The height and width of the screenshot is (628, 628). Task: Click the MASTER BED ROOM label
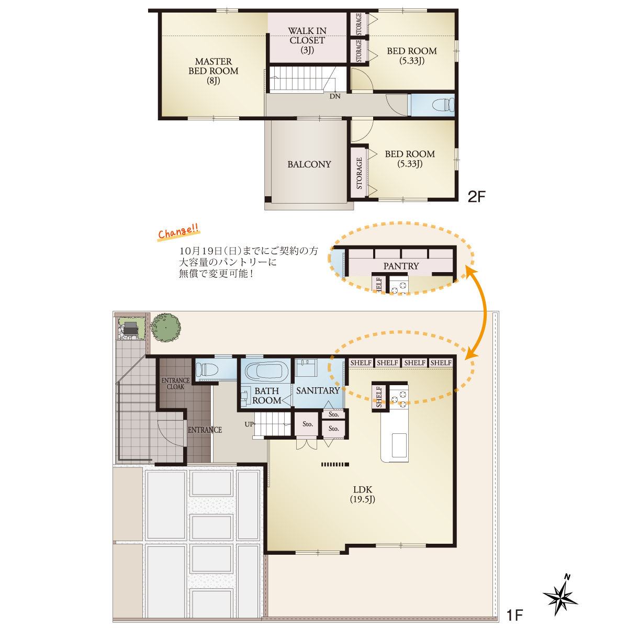214,71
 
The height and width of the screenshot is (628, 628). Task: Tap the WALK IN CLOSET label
307,40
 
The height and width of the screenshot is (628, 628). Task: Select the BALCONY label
309,164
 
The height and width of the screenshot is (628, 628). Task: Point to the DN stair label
335,96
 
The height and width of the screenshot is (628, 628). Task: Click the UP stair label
249,424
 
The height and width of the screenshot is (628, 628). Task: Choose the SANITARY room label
318,390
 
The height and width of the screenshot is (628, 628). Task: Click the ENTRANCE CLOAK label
175,383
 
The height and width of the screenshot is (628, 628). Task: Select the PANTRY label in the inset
401,266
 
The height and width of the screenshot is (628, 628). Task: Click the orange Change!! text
178,232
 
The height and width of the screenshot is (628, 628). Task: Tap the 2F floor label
476,197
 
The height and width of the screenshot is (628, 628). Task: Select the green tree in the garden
165,328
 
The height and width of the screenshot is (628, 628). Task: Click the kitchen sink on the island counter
399,445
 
